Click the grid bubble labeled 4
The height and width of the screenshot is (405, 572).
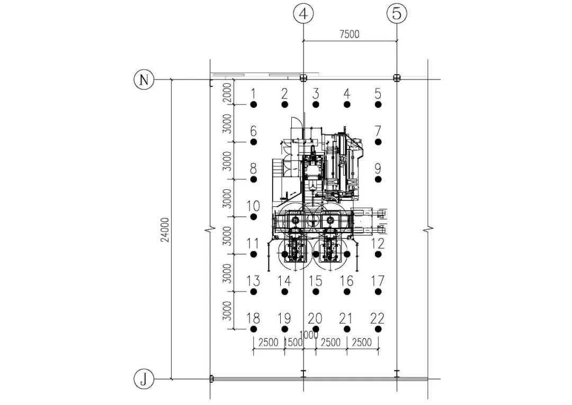303,14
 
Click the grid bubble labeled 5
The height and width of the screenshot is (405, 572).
397,14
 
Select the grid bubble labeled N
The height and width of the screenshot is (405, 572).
144,79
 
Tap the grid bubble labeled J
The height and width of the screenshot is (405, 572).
144,379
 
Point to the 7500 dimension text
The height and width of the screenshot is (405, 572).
350,34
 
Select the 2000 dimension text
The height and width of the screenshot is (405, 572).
227,93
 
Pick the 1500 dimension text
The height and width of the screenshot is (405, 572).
293,342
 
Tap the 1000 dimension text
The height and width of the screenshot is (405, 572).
308,335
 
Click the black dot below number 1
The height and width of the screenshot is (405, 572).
254,105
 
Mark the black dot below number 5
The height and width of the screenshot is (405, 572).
378,105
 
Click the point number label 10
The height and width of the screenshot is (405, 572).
253,206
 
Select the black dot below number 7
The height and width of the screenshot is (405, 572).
378,142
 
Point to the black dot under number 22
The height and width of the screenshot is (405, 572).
378,329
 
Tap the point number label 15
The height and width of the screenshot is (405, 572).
316,281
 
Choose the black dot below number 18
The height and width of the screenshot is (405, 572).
254,329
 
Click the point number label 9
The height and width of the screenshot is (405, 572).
378,169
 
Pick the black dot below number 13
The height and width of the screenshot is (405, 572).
254,292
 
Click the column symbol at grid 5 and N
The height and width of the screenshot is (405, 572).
397,78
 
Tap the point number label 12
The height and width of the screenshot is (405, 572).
378,243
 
